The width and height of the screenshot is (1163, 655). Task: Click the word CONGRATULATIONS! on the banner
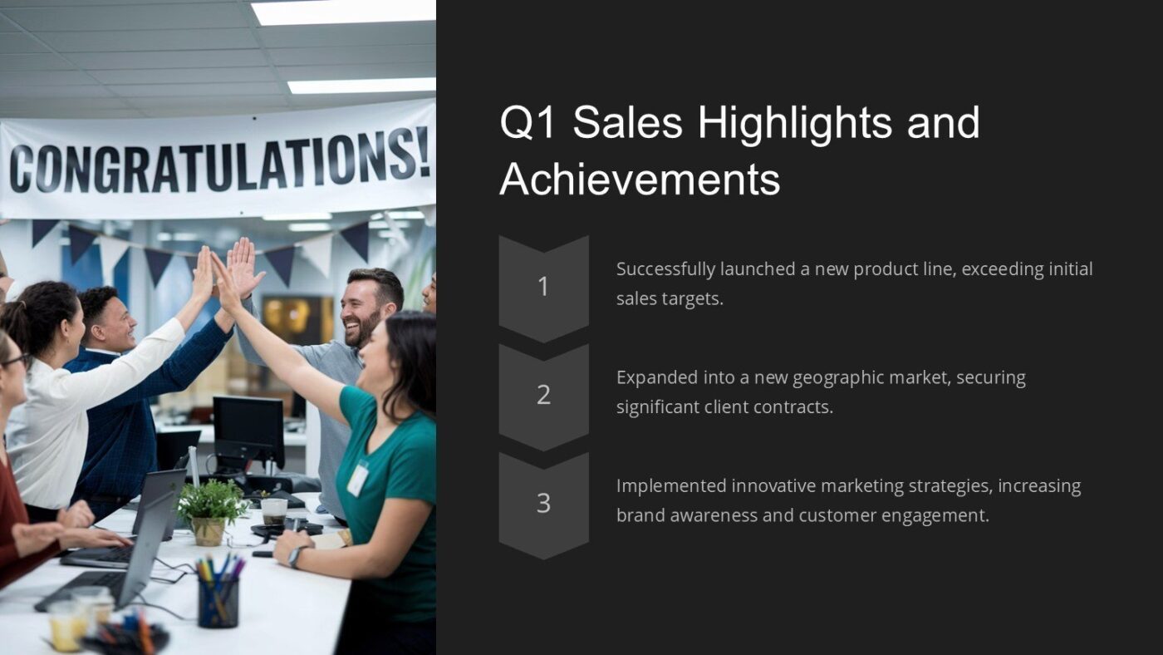point(218,163)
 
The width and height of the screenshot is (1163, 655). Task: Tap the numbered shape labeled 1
point(543,287)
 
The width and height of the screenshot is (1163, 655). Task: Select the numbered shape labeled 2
point(543,396)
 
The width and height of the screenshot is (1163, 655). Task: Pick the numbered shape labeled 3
point(543,504)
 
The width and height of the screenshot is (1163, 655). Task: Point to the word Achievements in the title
point(640,179)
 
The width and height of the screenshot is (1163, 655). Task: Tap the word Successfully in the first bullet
point(665,269)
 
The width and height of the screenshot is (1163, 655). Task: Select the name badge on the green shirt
point(357,479)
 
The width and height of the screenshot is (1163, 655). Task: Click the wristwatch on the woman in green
point(293,556)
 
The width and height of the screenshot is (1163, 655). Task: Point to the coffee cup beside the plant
point(273,510)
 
